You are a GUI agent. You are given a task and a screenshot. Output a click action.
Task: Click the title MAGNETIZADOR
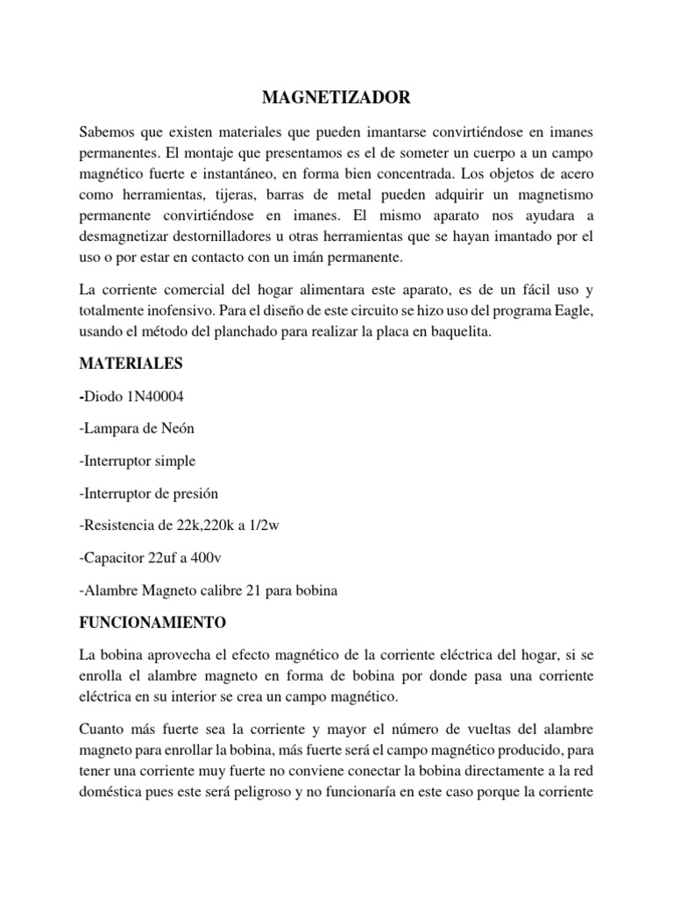pyautogui.click(x=336, y=98)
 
